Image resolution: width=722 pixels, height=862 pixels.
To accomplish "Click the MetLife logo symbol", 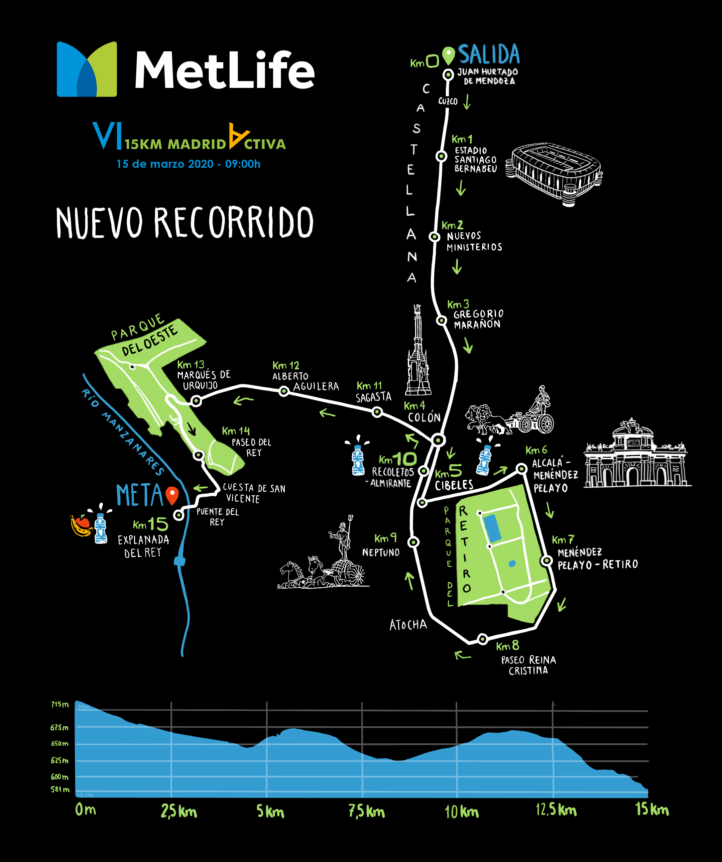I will pyautogui.click(x=87, y=69).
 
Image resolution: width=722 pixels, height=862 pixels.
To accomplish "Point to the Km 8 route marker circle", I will pyautogui.click(x=483, y=639).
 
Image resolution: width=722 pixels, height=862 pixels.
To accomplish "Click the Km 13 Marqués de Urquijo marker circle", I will pyautogui.click(x=197, y=401).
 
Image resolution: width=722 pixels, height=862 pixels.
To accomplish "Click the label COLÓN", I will pyautogui.click(x=424, y=418).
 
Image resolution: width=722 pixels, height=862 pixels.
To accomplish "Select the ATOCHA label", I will pyautogui.click(x=408, y=625).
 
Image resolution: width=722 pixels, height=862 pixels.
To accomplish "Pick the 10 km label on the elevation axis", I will pyautogui.click(x=461, y=812).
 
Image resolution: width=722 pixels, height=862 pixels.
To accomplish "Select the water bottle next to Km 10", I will pyautogui.click(x=358, y=460).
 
